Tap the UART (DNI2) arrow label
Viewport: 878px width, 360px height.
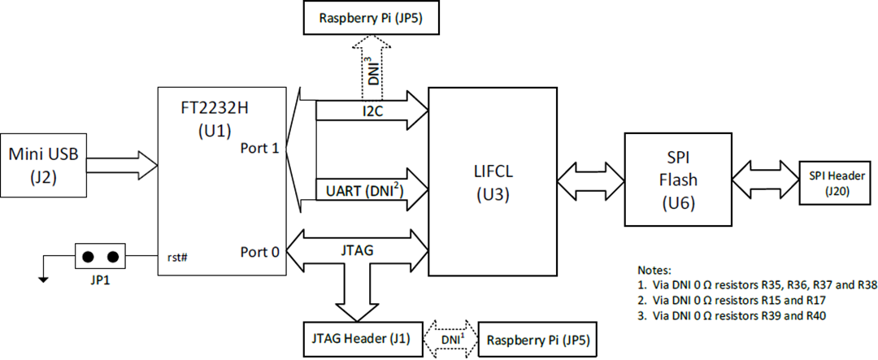(362, 192)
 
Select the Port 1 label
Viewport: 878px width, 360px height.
(260, 150)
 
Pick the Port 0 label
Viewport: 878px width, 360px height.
(260, 251)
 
